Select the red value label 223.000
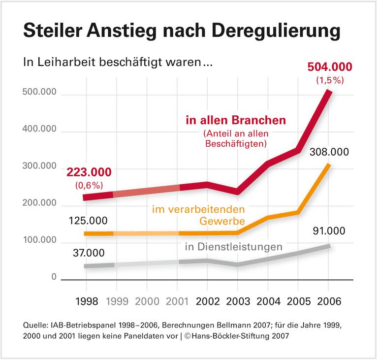[89, 173]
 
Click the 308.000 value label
[329, 152]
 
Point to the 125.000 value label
[89, 220]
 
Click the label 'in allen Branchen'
[236, 121]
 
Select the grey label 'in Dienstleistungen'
[233, 246]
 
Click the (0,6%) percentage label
[89, 186]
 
